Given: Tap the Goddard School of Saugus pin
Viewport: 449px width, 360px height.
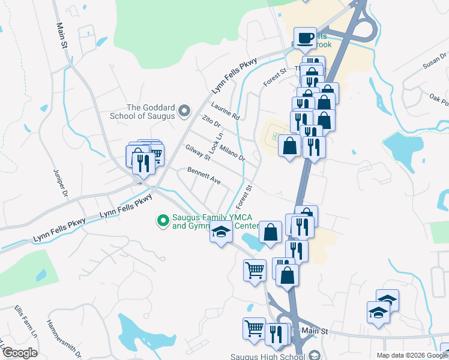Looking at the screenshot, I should pos(184,111).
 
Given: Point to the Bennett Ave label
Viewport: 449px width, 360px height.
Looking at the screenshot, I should pos(204,175).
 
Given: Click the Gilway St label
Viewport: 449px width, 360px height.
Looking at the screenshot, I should pos(197,153).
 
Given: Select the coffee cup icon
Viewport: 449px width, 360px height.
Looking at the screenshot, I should pos(304,38).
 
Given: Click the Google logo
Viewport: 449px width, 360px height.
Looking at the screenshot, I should pos(20,352).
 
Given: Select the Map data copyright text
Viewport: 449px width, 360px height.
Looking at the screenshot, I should pos(411,355).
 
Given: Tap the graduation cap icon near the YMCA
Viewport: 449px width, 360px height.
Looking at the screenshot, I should pos(221,232).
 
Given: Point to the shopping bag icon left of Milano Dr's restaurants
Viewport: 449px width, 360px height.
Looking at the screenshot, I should pos(289,146).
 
